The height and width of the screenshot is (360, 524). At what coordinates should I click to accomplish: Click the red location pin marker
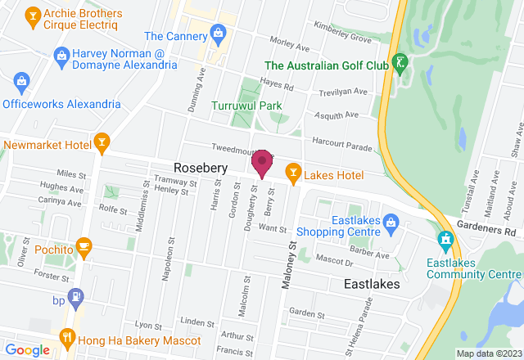262,163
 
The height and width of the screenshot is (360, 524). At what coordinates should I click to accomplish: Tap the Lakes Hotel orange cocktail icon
291,171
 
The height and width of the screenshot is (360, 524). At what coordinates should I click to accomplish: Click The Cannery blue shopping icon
218,34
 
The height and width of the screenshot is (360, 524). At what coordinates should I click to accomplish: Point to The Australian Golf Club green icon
400,61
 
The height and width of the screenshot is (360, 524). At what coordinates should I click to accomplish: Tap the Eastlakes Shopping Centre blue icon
391,222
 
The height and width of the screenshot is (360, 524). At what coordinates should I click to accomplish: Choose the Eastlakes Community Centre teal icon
445,240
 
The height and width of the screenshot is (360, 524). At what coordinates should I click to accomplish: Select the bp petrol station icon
75,297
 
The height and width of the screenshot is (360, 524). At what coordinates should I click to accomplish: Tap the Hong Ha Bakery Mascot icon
67,336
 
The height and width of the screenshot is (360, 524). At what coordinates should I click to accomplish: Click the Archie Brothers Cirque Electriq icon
33,15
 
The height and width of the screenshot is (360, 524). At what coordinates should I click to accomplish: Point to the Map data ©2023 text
488,353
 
